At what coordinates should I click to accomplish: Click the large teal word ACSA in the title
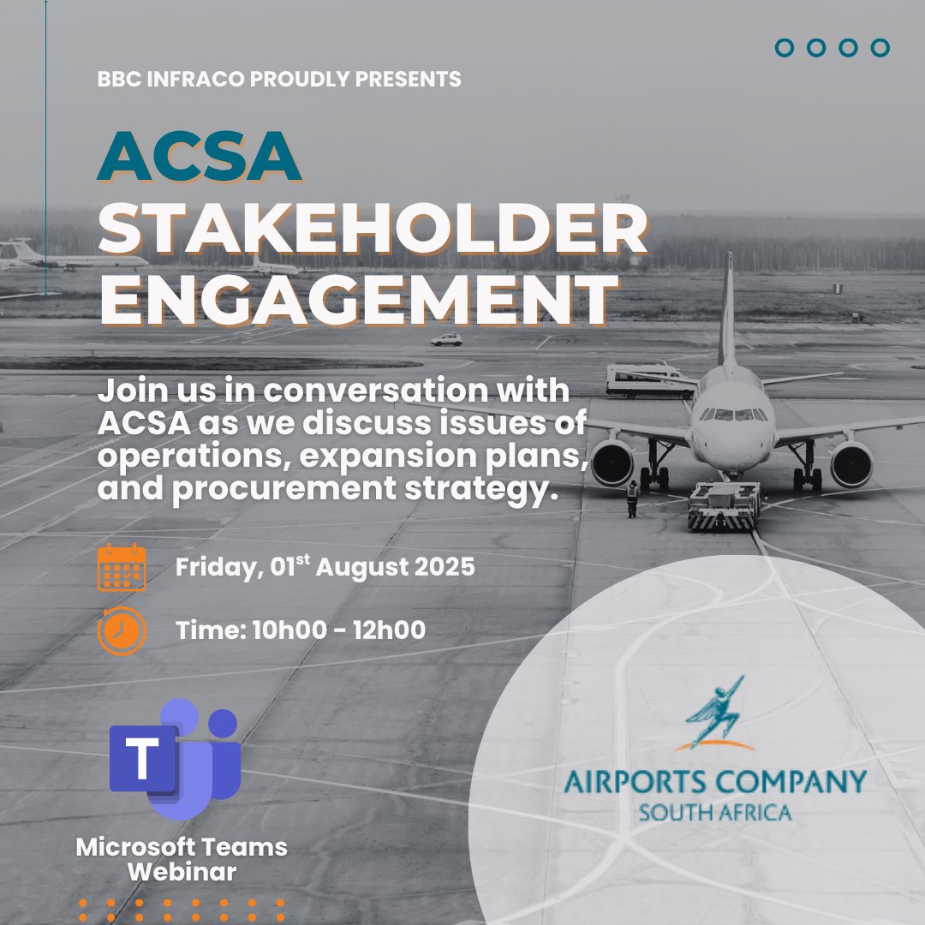pos(199,156)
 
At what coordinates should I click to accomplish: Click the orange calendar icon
pos(122,567)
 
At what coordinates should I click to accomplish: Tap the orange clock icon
pos(122,630)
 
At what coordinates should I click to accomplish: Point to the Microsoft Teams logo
pos(176,759)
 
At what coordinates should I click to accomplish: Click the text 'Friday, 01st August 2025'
pos(325,567)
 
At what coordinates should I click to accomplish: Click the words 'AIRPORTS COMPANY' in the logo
pos(715,782)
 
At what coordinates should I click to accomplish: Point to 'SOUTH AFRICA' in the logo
pos(715,811)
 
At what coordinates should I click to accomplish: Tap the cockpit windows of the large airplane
pos(732,415)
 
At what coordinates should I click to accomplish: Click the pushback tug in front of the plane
pos(724,505)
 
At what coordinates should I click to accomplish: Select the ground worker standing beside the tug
pos(632,498)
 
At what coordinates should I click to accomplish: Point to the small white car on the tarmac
pos(446,339)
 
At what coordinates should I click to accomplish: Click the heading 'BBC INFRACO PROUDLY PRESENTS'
pos(279,80)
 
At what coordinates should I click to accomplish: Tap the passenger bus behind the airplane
pos(647,379)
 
